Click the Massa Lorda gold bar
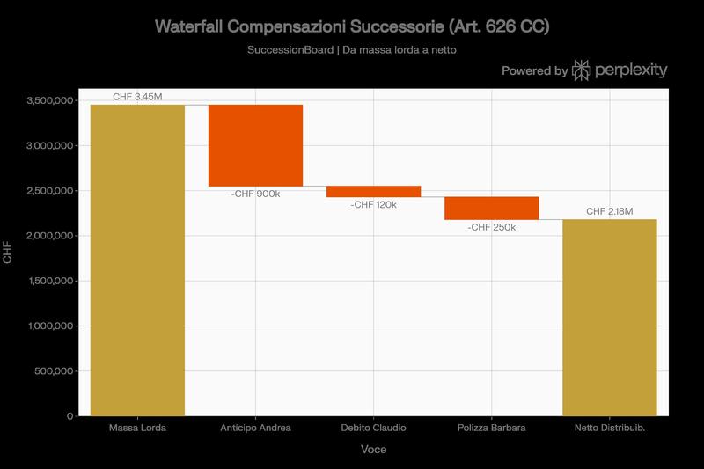(137, 260)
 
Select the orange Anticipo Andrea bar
(255, 145)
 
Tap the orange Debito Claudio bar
(373, 191)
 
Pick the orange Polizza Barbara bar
(491, 208)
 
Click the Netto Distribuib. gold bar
(609, 317)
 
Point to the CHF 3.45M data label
(137, 96)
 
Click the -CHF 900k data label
(255, 194)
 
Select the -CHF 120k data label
(373, 204)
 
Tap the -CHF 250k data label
(491, 227)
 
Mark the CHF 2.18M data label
(609, 211)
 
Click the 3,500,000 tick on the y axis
(50, 101)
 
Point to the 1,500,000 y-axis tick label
(50, 282)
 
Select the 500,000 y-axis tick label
(55, 371)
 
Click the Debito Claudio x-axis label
(373, 429)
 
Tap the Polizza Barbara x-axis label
(491, 429)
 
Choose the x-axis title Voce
(373, 450)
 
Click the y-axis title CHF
(9, 258)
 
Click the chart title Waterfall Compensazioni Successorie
(352, 27)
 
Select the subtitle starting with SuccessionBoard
(352, 50)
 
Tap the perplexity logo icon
(582, 70)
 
